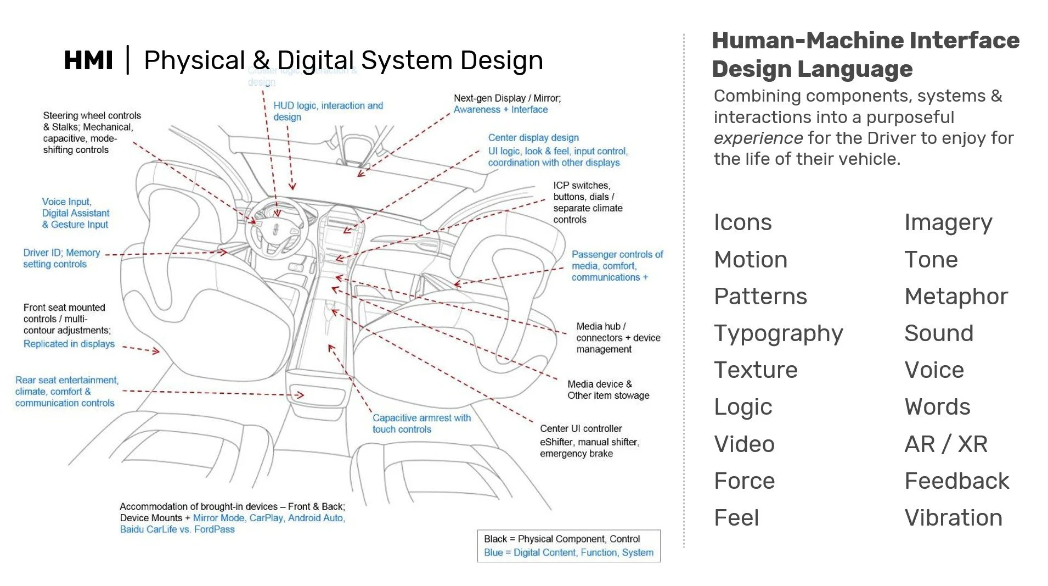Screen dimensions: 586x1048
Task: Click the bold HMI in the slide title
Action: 88,60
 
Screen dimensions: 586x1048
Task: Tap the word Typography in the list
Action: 778,333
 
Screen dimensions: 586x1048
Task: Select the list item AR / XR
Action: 945,444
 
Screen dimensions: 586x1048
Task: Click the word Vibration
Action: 953,517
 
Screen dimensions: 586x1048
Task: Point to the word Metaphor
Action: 956,297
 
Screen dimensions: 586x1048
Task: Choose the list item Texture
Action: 756,370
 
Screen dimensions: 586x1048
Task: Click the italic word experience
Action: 758,138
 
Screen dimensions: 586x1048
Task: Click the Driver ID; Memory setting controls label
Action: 61,258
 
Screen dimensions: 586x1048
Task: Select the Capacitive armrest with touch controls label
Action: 421,423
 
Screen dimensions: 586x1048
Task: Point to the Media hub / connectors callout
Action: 618,338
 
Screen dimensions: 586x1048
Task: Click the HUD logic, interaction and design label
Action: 328,111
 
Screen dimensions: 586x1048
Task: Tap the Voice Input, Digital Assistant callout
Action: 75,213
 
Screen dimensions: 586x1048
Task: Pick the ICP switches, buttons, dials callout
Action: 587,202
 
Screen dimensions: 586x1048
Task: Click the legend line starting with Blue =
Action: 568,552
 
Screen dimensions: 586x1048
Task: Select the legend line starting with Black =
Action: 561,539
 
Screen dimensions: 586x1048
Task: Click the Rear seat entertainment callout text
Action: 66,391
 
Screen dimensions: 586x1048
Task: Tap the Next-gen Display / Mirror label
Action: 506,104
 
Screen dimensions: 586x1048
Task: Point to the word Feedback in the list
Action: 956,481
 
